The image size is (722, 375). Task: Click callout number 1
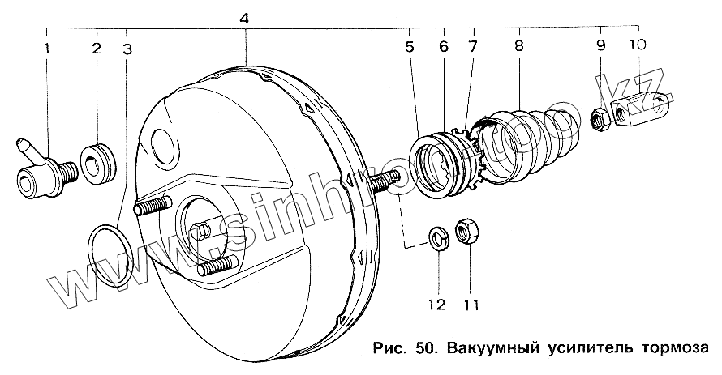click(47, 49)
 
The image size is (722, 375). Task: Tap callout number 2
click(96, 49)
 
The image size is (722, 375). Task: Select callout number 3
click(127, 49)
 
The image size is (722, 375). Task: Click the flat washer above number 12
click(436, 239)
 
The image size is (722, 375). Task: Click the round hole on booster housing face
click(163, 145)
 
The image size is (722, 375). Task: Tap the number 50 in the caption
click(424, 349)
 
